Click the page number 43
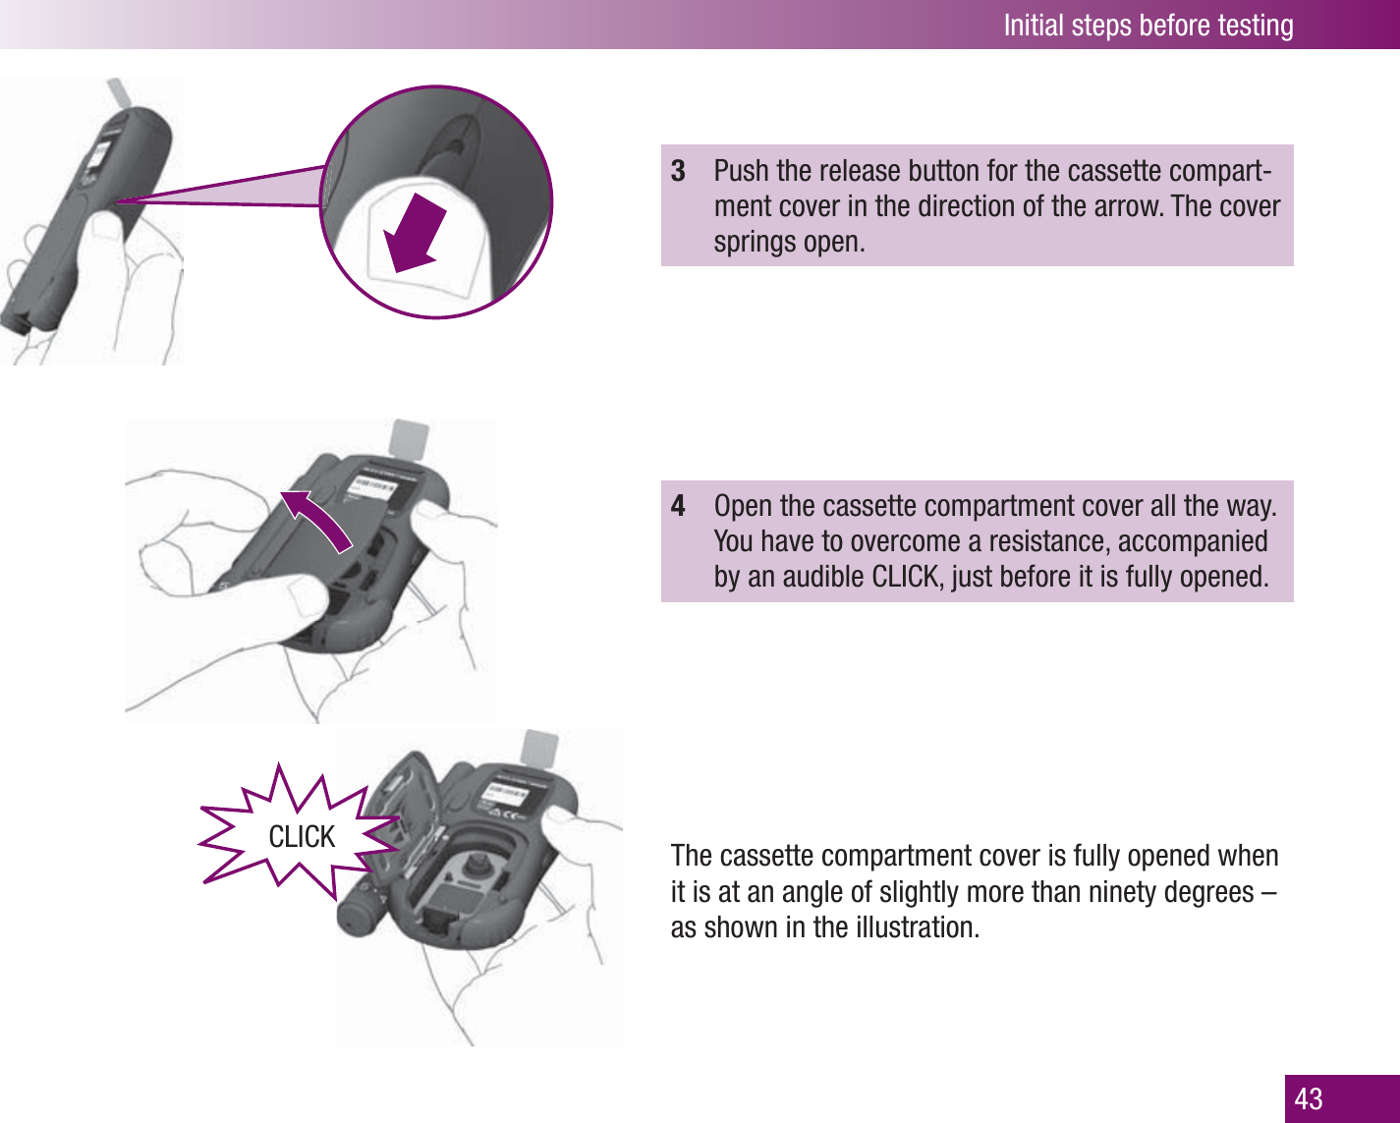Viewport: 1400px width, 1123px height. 1309,1098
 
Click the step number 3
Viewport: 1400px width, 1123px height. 678,171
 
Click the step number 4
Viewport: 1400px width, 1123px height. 678,506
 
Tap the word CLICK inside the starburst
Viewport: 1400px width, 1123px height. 302,837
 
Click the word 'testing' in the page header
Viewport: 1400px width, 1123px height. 1255,25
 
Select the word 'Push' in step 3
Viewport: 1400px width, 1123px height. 742,171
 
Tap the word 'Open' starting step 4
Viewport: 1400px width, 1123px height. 744,506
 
